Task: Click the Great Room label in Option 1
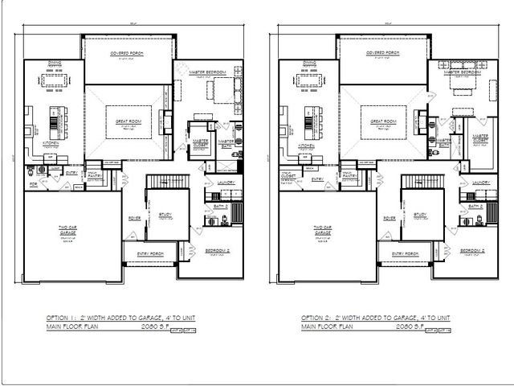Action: pos(124,121)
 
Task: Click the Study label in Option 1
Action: pos(166,214)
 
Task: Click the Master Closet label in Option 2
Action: pos(480,138)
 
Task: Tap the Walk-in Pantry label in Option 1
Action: pos(93,175)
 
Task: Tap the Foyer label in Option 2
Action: pos(390,218)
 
